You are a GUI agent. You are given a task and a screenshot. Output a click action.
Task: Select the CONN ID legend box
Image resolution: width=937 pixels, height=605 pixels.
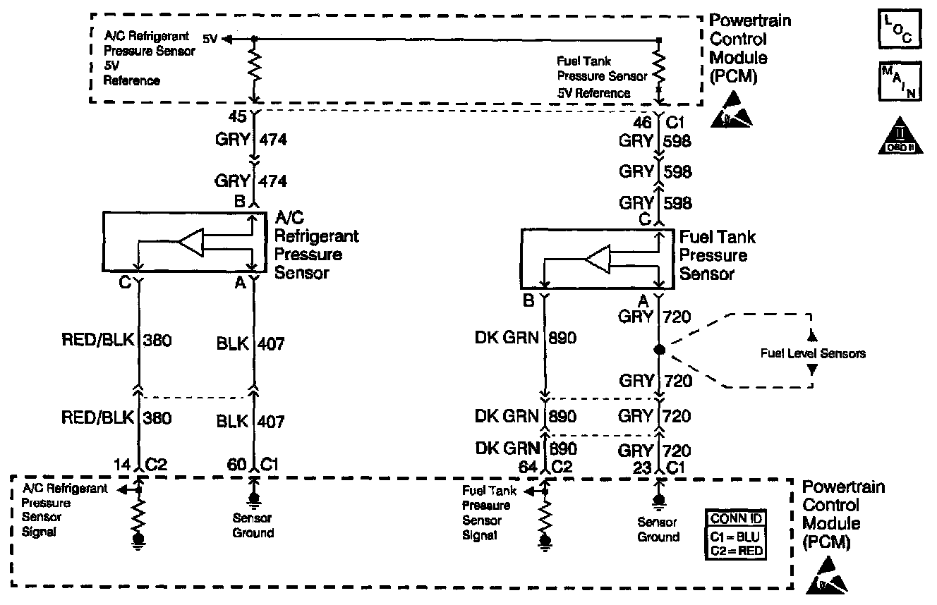736,535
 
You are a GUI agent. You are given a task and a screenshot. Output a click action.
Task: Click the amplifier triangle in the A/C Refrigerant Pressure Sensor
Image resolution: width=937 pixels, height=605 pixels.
191,243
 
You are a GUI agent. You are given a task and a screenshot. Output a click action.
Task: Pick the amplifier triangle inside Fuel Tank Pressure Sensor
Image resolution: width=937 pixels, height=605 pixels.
597,260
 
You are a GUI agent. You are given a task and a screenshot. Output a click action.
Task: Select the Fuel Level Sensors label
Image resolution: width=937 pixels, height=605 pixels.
812,353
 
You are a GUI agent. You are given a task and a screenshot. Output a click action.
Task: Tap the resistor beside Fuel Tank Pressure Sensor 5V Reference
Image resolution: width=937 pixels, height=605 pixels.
658,68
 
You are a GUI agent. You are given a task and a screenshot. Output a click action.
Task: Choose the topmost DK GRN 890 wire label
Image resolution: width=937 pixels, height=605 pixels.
525,338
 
